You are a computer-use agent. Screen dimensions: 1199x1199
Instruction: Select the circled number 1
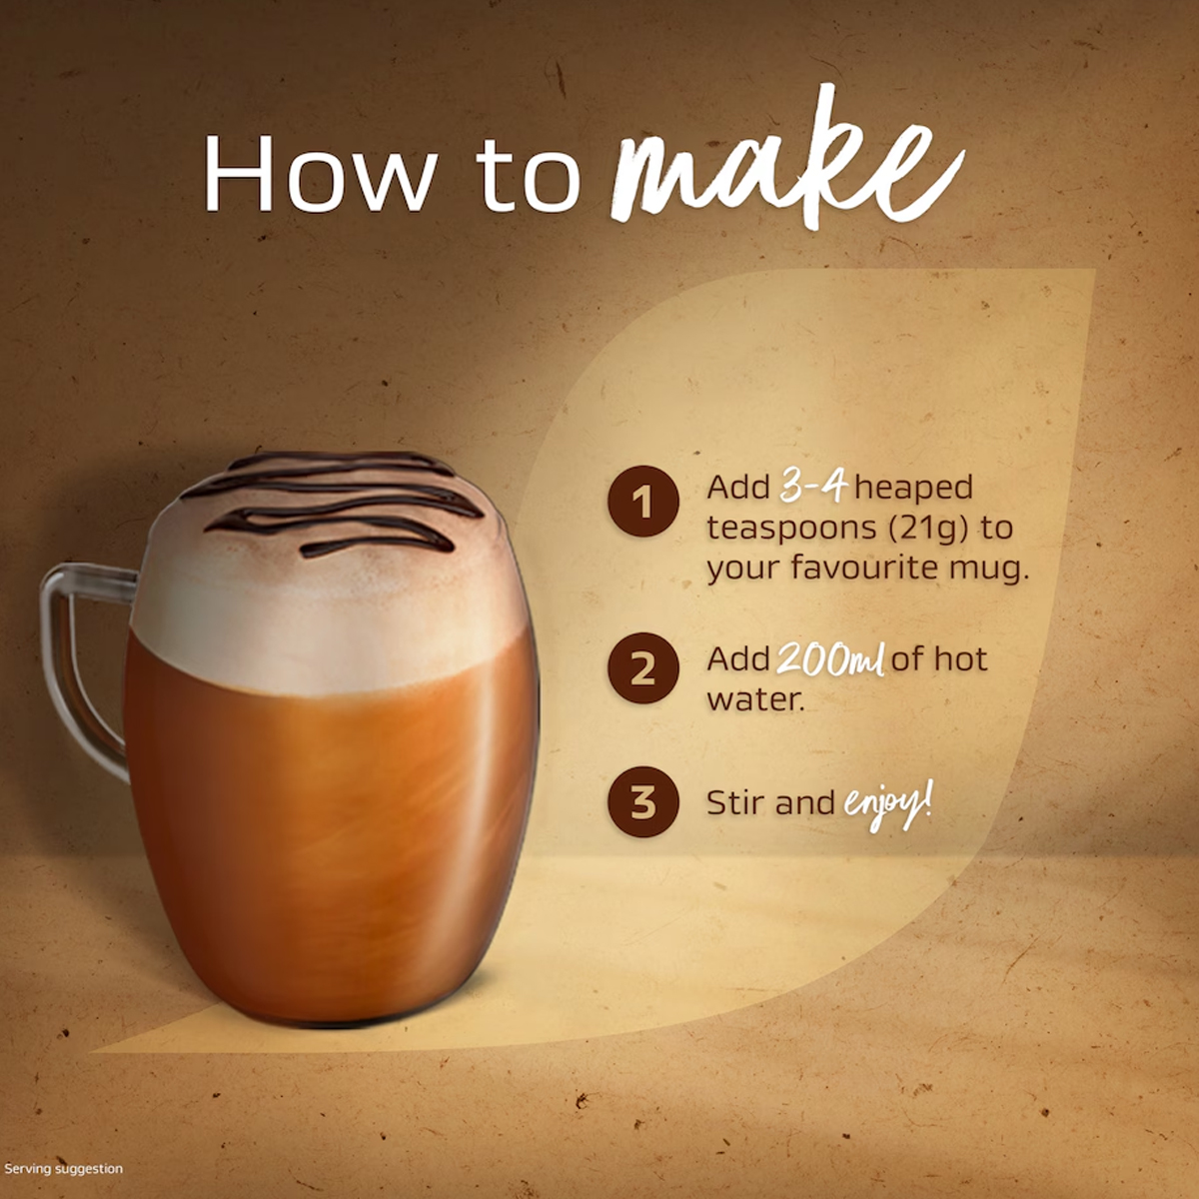(x=643, y=502)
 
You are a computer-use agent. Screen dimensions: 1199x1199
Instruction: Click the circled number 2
(x=643, y=668)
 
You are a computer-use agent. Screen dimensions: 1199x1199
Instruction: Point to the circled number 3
(x=643, y=801)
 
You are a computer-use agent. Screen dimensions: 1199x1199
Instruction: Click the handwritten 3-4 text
(x=813, y=488)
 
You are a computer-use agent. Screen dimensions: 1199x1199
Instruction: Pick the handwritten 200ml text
(x=830, y=658)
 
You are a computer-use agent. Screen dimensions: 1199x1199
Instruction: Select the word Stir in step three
(x=734, y=802)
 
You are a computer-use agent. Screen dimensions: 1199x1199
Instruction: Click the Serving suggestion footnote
(x=64, y=1168)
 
